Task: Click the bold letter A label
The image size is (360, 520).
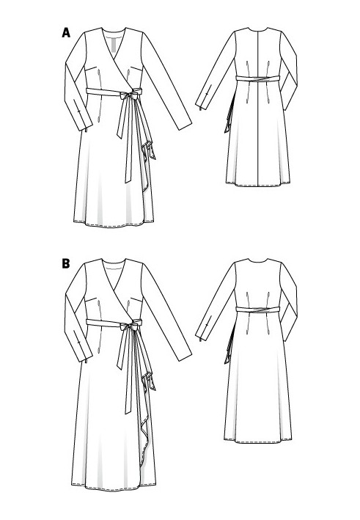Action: [x=66, y=33]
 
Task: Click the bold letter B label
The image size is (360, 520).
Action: [x=66, y=263]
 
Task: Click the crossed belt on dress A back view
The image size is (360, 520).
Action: [x=257, y=78]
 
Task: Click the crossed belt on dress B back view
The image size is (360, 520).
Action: [x=257, y=310]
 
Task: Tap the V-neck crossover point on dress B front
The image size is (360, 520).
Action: [x=114, y=291]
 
